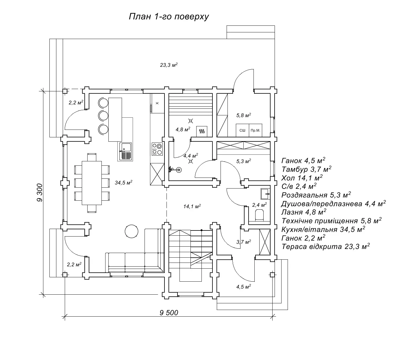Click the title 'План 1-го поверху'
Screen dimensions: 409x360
coord(169,16)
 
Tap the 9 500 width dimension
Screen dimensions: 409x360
coord(169,313)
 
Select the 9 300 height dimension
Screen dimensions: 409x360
coord(40,193)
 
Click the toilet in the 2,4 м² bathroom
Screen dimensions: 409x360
coord(259,215)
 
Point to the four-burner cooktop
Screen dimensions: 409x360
coord(157,149)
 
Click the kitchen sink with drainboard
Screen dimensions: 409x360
coord(125,152)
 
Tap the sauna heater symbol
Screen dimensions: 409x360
coord(202,132)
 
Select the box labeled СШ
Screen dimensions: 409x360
coord(243,130)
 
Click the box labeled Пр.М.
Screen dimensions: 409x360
coord(256,130)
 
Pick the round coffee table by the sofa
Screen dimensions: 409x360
coord(132,231)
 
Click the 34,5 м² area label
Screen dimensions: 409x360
coord(123,183)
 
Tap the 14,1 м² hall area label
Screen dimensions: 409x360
coord(192,206)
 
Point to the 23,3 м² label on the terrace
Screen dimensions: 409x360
coord(169,65)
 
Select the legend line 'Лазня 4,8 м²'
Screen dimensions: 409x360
coord(304,212)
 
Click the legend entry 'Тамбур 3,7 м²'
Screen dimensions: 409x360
coord(306,169)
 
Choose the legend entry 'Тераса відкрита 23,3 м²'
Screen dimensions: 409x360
coord(326,246)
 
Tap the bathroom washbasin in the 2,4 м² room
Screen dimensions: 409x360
coord(265,194)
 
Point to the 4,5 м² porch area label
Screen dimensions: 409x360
coord(244,287)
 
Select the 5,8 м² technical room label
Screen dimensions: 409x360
coord(244,115)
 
